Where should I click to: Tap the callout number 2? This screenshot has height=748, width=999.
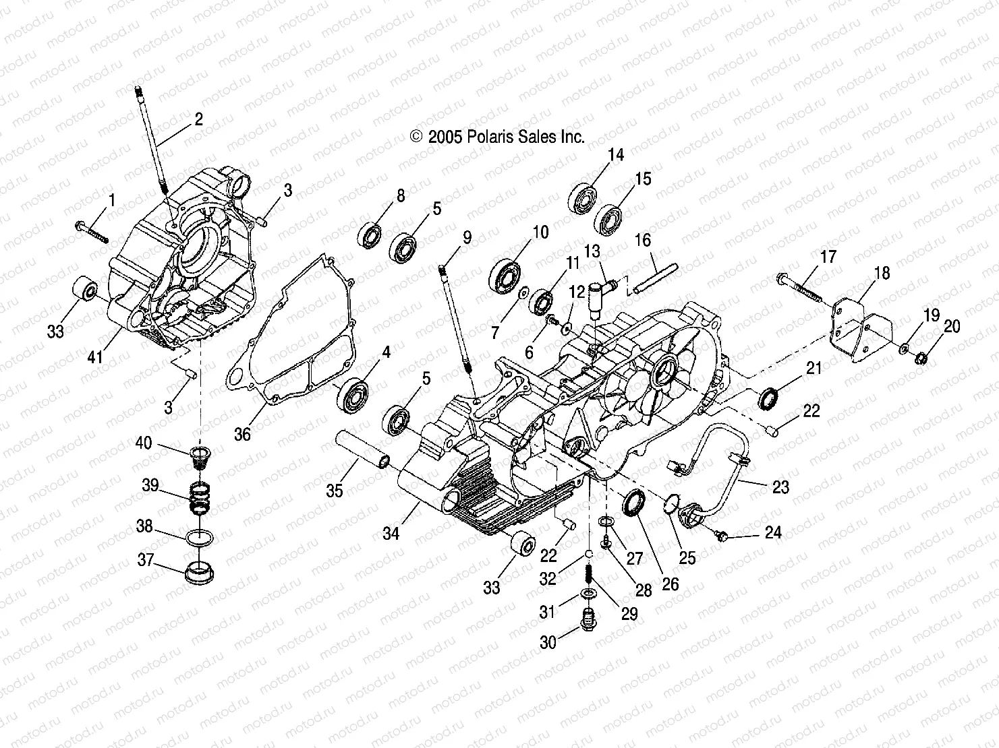tap(198, 120)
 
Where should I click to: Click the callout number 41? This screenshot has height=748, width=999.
tap(95, 357)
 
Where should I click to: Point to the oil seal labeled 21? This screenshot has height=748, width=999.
tap(768, 398)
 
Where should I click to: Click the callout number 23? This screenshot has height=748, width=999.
tap(780, 487)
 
